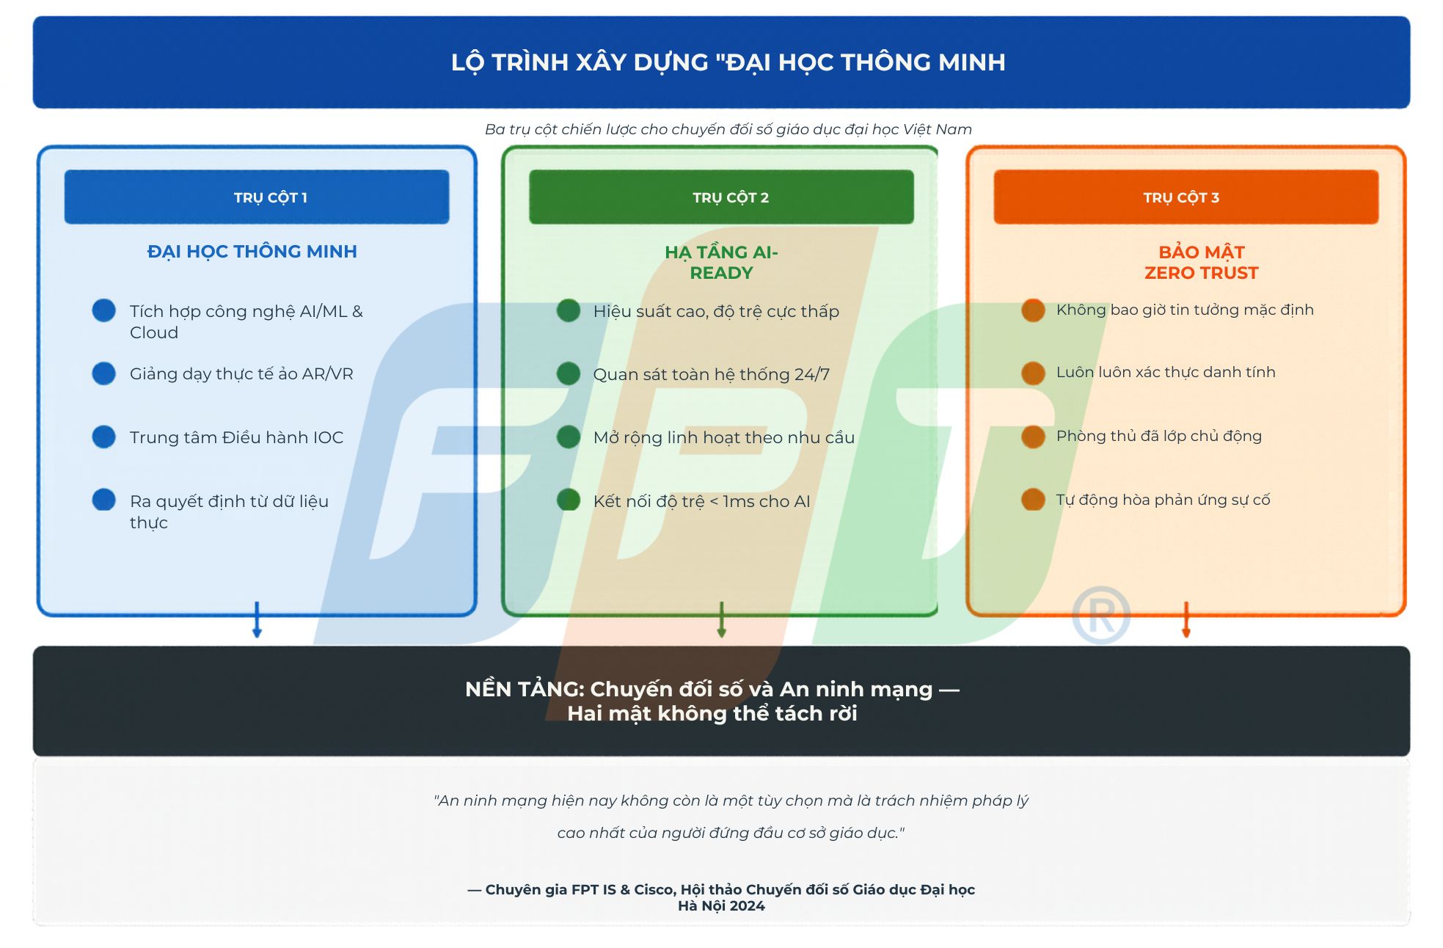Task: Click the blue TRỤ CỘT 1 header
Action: click(x=257, y=197)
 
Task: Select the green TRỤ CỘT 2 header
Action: click(x=721, y=197)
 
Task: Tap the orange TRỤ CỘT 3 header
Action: click(x=1186, y=197)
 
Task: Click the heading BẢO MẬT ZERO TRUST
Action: click(x=1201, y=262)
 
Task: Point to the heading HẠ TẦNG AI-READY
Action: click(x=721, y=262)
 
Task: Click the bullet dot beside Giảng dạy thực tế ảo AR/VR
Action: click(x=104, y=373)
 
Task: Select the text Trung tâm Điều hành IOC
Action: click(x=236, y=437)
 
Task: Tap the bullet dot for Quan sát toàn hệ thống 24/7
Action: click(x=569, y=373)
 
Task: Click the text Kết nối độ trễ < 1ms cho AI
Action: click(x=701, y=501)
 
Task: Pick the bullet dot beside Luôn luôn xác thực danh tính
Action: click(x=1033, y=373)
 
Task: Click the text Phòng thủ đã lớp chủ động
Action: click(x=1158, y=436)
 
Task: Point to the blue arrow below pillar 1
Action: click(x=257, y=620)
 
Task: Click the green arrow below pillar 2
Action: click(x=721, y=620)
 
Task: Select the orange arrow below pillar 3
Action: click(x=1186, y=620)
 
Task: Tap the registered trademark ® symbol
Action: click(x=1100, y=615)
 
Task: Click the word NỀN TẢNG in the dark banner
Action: click(x=524, y=689)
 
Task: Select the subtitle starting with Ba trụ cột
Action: click(x=728, y=129)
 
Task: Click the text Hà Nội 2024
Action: click(x=721, y=906)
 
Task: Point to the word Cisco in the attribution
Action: click(x=653, y=889)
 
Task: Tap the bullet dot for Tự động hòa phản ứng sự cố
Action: click(x=1033, y=500)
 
